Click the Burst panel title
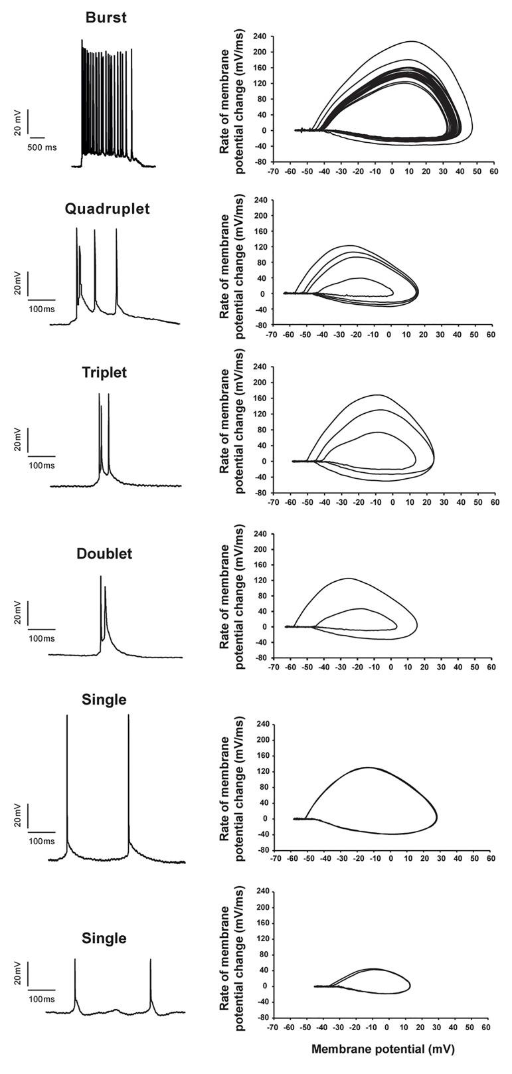click(106, 18)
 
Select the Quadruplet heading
click(108, 209)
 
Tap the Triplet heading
click(104, 373)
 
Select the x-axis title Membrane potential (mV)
click(383, 1049)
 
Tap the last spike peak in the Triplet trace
click(108, 397)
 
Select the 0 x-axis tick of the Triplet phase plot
click(393, 502)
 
